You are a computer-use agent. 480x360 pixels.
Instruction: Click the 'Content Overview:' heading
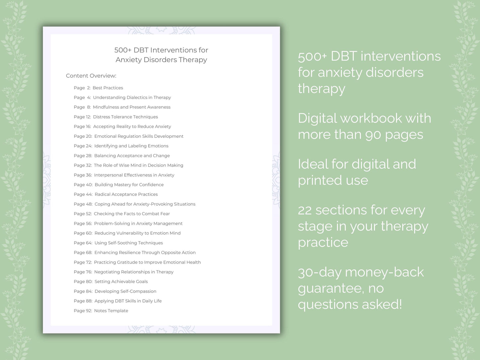click(x=91, y=76)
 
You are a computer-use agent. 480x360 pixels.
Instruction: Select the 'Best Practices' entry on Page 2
click(x=108, y=88)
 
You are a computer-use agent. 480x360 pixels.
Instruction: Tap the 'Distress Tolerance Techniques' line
click(x=125, y=117)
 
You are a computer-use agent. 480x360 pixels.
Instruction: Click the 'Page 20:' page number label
click(x=83, y=136)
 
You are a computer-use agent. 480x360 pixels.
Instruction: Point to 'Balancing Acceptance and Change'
click(x=132, y=155)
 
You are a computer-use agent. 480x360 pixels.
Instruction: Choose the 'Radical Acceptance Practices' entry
click(x=126, y=194)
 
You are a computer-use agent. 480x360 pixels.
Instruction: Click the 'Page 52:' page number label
click(x=83, y=214)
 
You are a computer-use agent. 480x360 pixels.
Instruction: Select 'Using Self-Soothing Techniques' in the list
click(x=129, y=243)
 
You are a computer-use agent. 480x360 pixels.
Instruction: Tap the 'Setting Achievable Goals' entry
click(x=121, y=281)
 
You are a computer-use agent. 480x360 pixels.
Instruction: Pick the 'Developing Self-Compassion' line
click(x=125, y=291)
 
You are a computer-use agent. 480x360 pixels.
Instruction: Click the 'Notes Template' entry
click(x=111, y=311)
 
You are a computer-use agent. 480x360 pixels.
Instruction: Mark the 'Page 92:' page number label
click(x=83, y=311)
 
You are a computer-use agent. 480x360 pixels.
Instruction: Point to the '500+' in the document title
click(x=123, y=50)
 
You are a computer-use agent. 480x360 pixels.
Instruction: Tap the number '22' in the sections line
click(x=305, y=210)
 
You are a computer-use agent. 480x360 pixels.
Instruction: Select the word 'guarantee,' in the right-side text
click(x=331, y=288)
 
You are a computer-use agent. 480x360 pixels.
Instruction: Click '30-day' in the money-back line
click(x=320, y=272)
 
